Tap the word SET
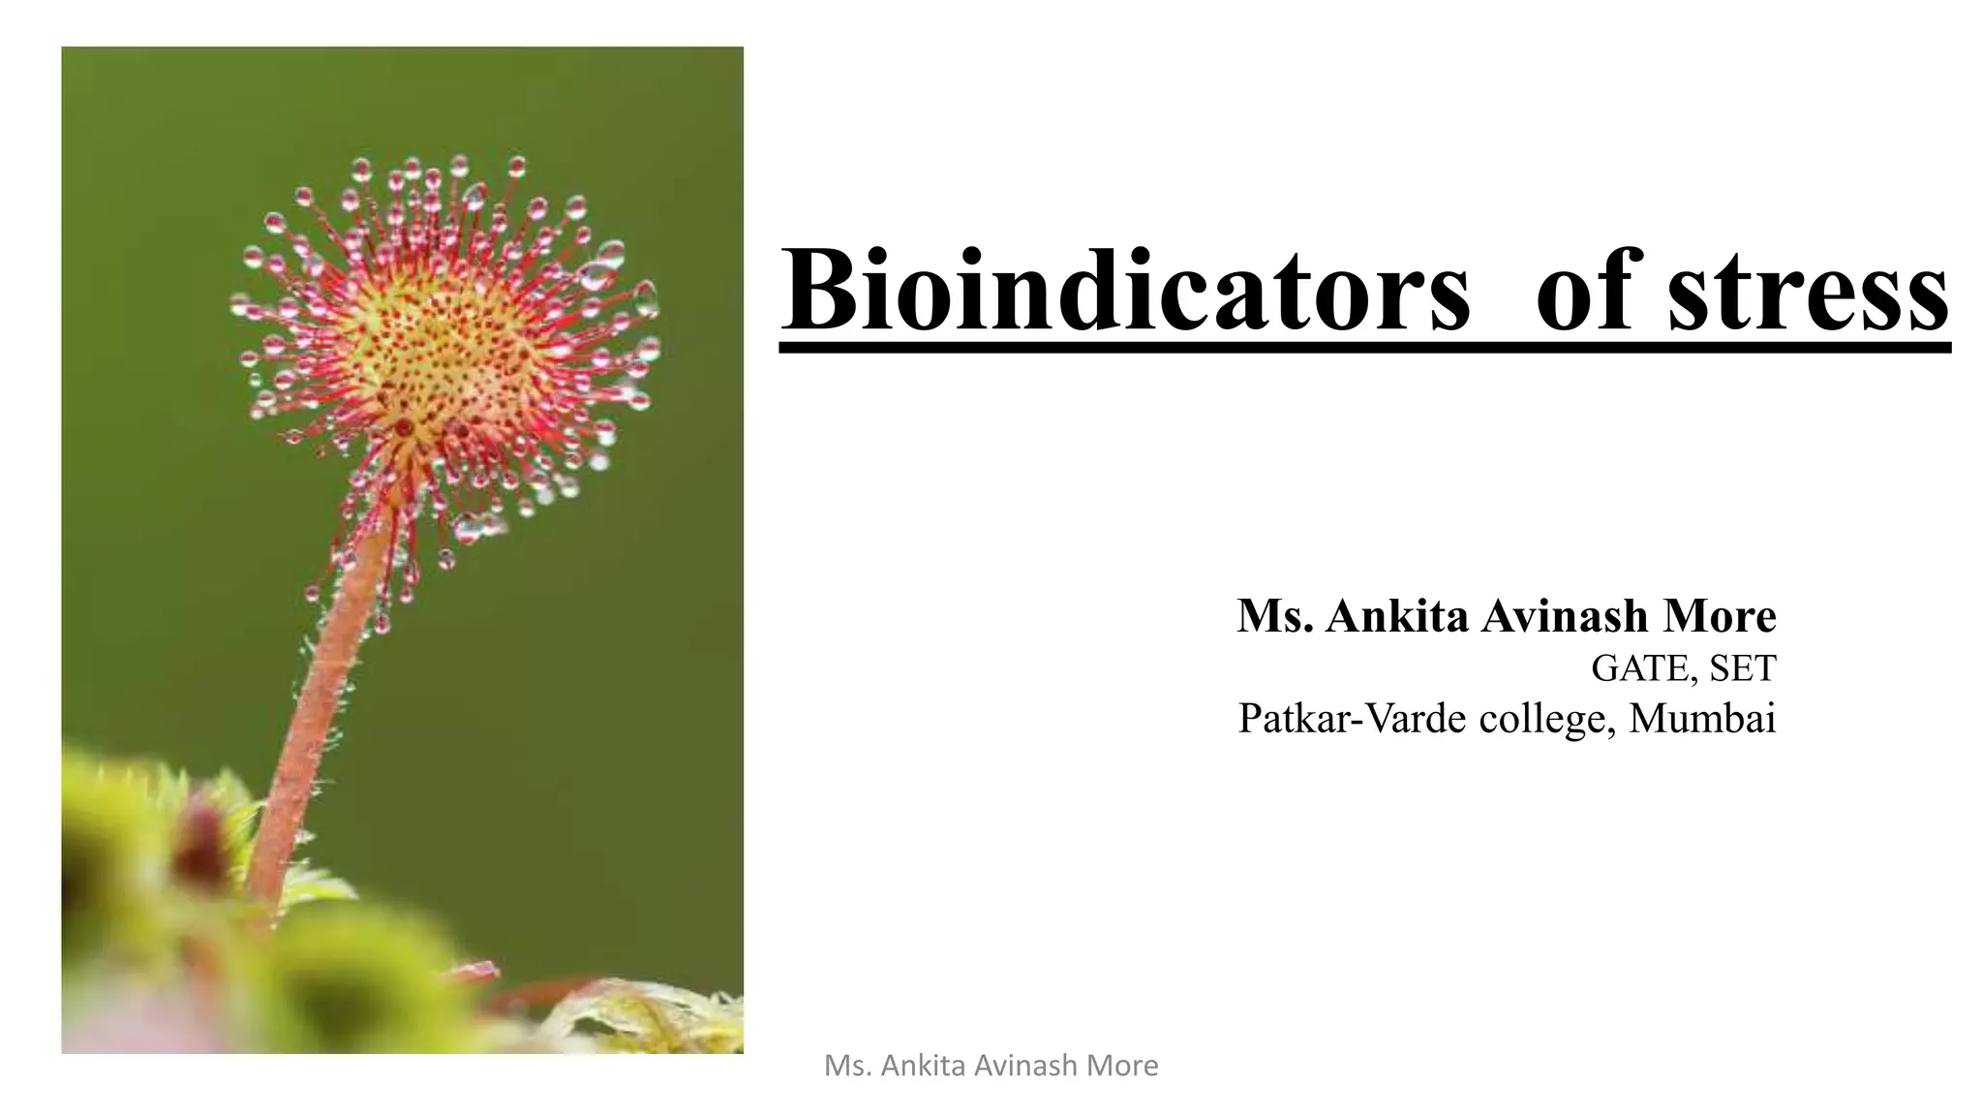1743,667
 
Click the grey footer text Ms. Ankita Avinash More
991,1066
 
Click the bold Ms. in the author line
1275,616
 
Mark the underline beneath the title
1364,346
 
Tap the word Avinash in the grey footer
1026,1066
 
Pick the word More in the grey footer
1123,1066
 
